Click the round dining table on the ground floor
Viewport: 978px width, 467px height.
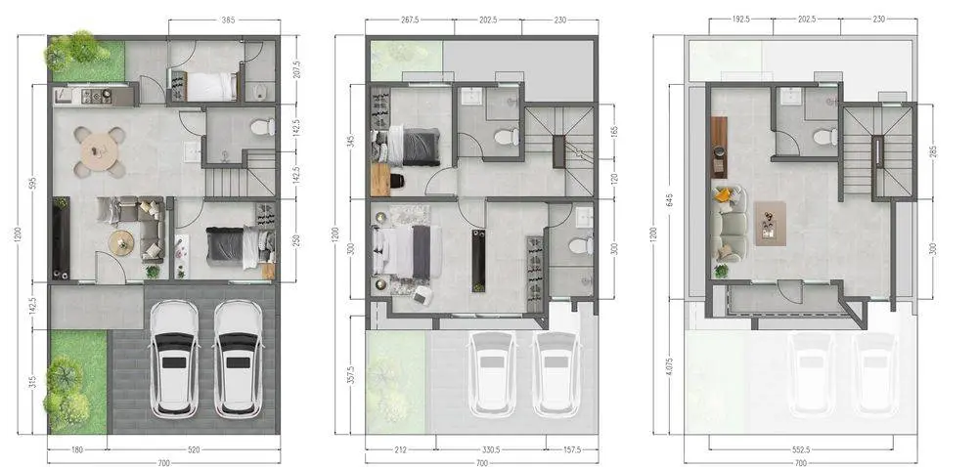point(100,151)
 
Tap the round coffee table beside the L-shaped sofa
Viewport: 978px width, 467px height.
point(121,243)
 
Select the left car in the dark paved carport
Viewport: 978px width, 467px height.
point(174,358)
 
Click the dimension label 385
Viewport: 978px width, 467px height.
point(228,20)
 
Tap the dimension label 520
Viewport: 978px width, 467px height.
point(193,449)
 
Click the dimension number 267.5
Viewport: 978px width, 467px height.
point(409,20)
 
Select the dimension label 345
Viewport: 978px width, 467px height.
point(351,142)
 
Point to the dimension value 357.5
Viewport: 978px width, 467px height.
point(351,375)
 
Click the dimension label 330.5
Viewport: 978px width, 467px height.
point(490,449)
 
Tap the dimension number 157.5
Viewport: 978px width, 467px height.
point(571,449)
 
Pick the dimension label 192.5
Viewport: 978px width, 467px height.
point(740,20)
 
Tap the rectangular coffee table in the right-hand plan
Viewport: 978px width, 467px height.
point(771,223)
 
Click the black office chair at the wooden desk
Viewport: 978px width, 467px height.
point(395,181)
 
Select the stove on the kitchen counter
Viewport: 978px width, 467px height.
point(97,96)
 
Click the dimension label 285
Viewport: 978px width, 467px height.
point(933,151)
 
